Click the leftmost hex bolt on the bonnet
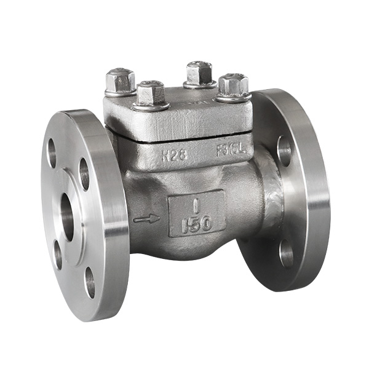(120, 81)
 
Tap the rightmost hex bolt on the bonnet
(233, 84)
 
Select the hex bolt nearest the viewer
(150, 93)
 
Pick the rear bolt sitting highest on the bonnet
(199, 73)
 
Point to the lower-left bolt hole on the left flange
(57, 253)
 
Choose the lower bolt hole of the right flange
(286, 252)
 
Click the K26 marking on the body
(175, 154)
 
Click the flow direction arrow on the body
(146, 218)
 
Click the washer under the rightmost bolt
(233, 97)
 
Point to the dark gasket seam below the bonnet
(178, 141)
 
